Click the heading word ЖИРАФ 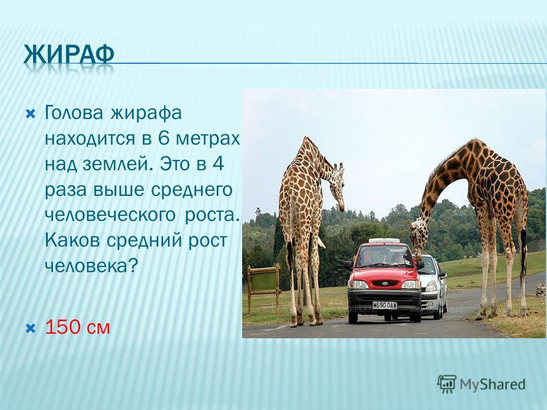point(69,55)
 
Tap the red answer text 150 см point(77,327)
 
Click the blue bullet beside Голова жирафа point(31,114)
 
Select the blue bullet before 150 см point(31,328)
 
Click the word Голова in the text point(74,113)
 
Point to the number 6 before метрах point(164,138)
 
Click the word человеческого point(110,215)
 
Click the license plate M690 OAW point(385,305)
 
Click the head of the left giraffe point(337,187)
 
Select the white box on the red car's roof point(384,240)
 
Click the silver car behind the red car point(433,286)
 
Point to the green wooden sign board point(264,281)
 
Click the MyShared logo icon point(447,384)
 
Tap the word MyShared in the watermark point(492,385)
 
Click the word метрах point(207,138)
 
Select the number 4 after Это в point(218,164)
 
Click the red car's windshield point(383,257)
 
